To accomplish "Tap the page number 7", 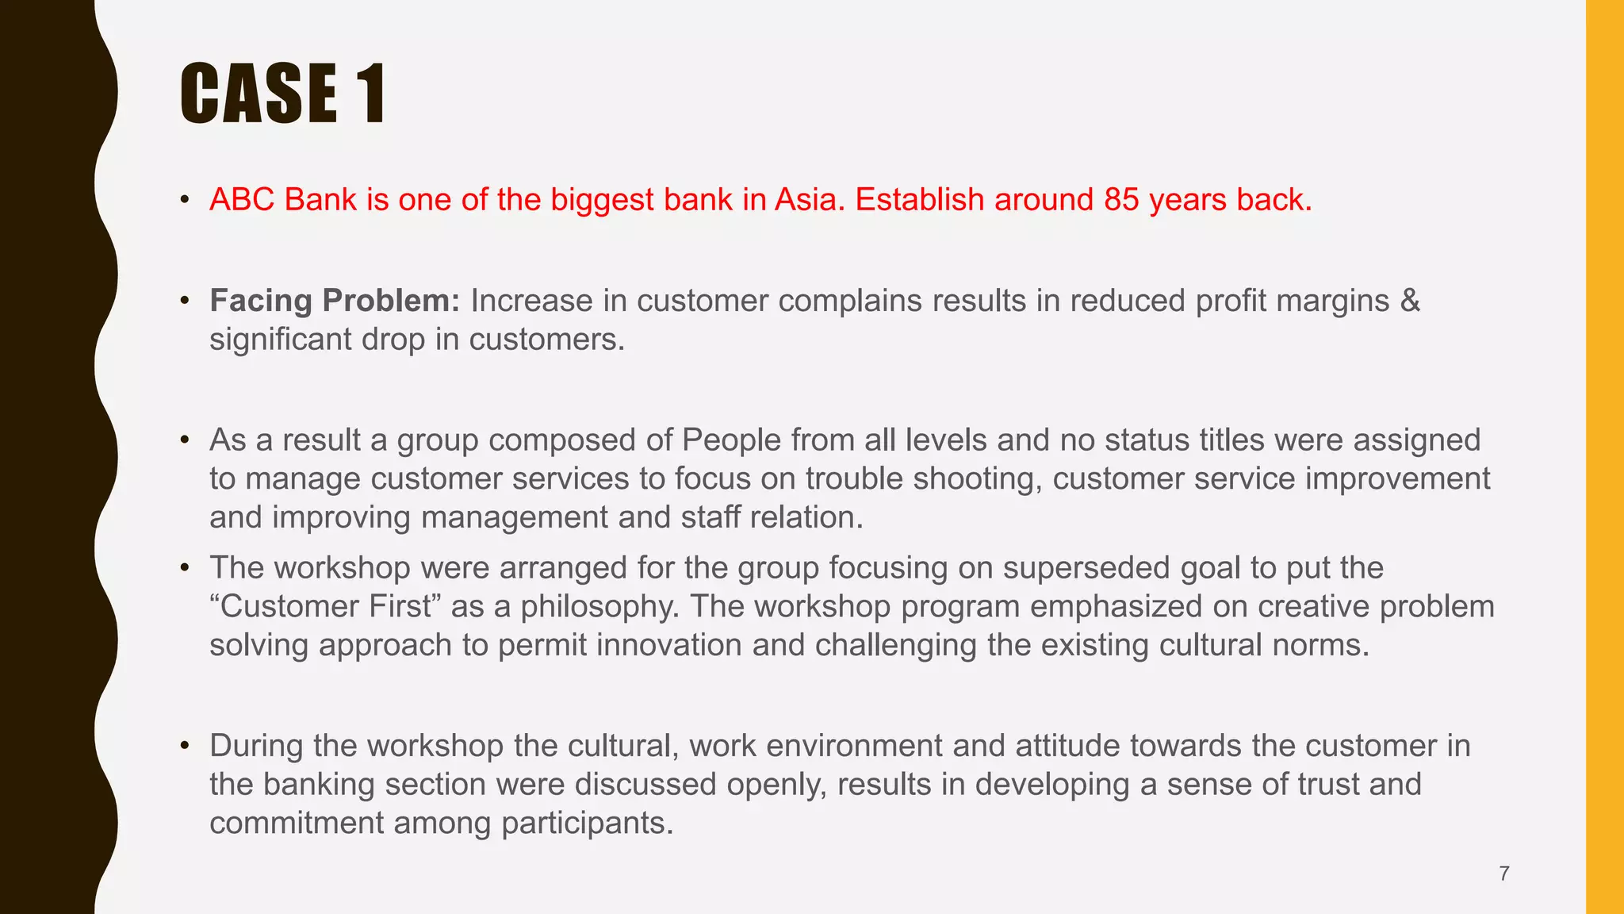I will (x=1504, y=874).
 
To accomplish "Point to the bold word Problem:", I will (x=391, y=301).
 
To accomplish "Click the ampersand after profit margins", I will (x=1410, y=301).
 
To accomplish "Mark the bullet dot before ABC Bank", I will (x=185, y=200).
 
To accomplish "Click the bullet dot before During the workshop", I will (x=185, y=746).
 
